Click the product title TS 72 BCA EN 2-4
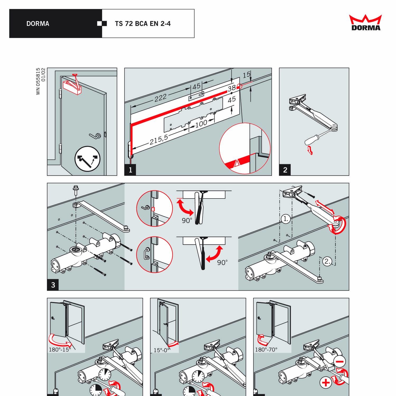click(x=143, y=24)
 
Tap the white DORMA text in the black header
click(x=38, y=24)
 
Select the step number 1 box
click(x=130, y=170)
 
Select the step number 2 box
click(x=285, y=170)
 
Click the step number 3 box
click(x=53, y=285)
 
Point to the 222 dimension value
click(x=161, y=98)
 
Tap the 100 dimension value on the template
click(x=201, y=124)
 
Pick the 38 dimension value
click(x=232, y=88)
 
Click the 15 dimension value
click(x=246, y=75)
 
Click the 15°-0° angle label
click(x=162, y=350)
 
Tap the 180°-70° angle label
click(x=266, y=350)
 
